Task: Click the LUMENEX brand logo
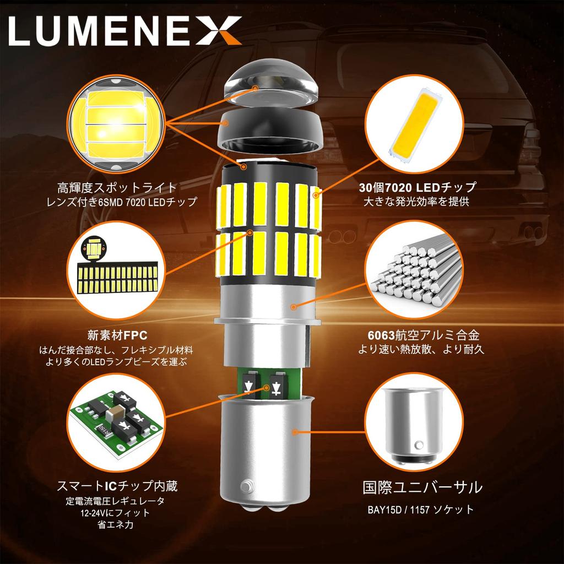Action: [x=126, y=31]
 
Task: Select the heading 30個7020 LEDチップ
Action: [x=416, y=187]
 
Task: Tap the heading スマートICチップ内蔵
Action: [x=117, y=486]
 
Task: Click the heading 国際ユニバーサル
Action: [x=422, y=487]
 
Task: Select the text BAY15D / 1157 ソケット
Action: [x=421, y=509]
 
